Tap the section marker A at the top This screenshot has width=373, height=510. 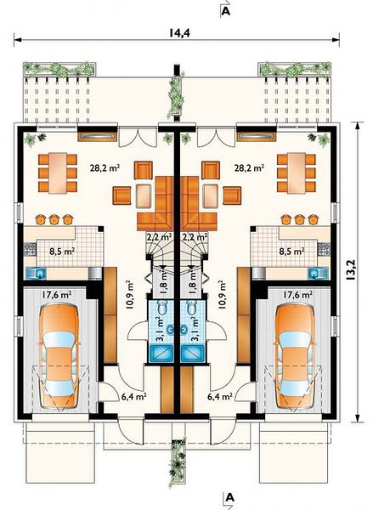(226, 11)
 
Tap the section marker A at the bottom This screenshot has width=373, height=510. (230, 497)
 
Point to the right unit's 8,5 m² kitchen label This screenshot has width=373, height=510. (292, 251)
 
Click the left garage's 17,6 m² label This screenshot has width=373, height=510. (57, 295)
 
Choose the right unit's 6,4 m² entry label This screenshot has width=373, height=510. (220, 396)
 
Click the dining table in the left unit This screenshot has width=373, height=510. (58, 173)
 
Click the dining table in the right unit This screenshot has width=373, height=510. (297, 173)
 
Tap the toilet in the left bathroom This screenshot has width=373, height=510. (161, 307)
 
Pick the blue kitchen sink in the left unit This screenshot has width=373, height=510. (36, 273)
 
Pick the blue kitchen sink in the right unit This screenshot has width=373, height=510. (318, 273)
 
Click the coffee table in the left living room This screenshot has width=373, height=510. (144, 196)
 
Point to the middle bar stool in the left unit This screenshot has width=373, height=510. (54, 219)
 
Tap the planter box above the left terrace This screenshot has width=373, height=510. (59, 69)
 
